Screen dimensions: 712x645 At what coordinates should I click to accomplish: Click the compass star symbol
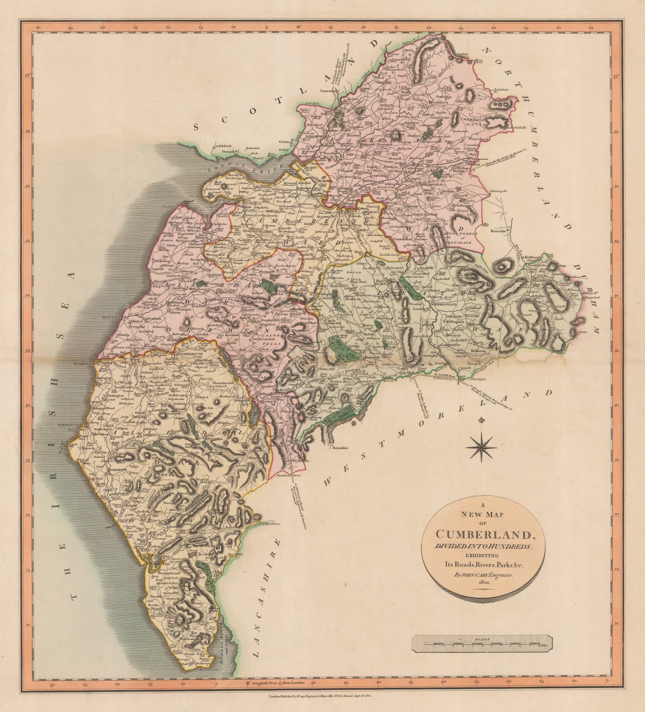481,447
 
